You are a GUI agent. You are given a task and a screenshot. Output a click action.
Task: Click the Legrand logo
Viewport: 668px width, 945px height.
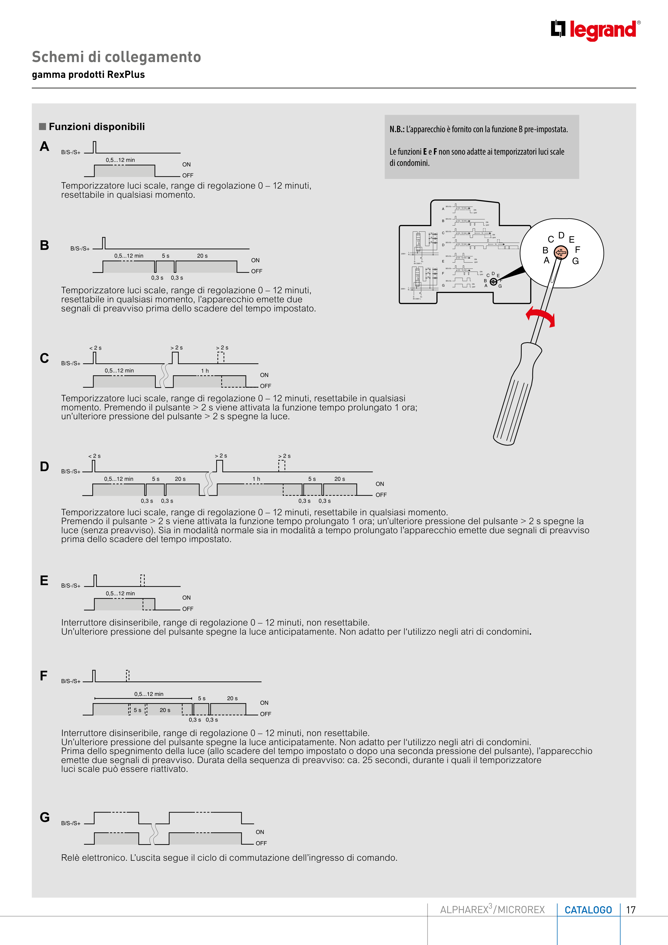click(x=595, y=30)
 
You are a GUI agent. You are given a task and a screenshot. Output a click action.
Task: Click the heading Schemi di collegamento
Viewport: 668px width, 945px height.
click(x=116, y=57)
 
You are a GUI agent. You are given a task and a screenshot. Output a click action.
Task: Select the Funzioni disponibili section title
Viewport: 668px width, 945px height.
click(x=97, y=127)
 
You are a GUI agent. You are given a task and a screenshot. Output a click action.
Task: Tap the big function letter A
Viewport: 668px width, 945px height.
click(x=44, y=147)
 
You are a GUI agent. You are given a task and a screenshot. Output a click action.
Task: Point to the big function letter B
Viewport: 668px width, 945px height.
click(x=44, y=245)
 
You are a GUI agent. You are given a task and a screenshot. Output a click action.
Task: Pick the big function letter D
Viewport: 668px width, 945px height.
click(x=44, y=467)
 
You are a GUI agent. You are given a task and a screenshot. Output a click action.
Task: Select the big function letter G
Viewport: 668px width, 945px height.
click(x=44, y=817)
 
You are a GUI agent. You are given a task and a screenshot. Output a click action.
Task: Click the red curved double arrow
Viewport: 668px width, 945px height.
click(x=540, y=316)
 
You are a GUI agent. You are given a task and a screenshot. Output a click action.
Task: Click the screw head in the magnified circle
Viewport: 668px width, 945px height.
click(x=560, y=252)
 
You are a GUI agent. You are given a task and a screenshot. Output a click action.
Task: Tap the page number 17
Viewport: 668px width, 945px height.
click(x=631, y=910)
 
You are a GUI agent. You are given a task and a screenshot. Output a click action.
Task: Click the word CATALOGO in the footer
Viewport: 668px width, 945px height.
click(x=588, y=910)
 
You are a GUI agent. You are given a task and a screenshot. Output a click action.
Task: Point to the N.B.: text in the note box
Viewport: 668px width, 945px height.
click(x=397, y=129)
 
